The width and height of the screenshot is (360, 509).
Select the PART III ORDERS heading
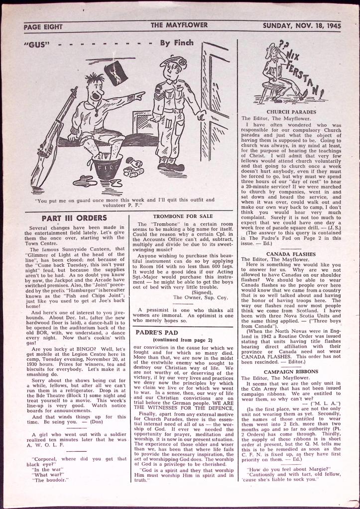pyautogui.click(x=74, y=217)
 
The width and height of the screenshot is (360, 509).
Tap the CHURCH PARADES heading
pyautogui.click(x=291, y=112)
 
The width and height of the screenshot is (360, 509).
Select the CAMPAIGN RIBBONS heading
pyautogui.click(x=291, y=372)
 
